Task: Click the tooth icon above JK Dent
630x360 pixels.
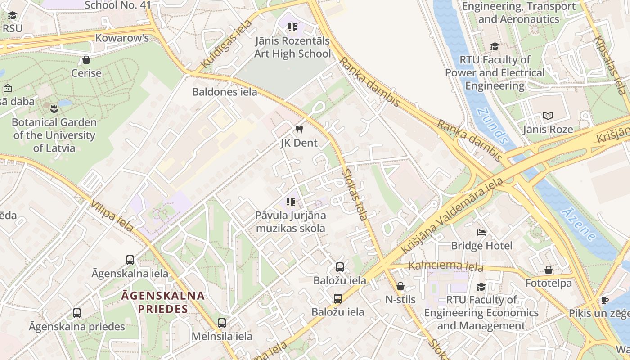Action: (298, 130)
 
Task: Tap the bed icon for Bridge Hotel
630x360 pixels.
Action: (481, 233)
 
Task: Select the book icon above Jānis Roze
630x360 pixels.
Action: (548, 116)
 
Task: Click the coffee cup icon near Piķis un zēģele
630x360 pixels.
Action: (604, 300)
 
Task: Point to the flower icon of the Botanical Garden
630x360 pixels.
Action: (54, 108)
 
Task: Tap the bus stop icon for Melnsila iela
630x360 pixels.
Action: (222, 323)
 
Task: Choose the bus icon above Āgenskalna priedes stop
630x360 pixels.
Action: (77, 313)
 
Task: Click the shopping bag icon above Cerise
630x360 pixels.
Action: (86, 60)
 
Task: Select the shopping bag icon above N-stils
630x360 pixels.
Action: (400, 286)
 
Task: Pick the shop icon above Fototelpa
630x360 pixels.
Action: (548, 270)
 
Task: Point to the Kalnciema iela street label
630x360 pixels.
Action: (445, 266)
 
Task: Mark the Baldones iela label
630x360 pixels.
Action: (225, 92)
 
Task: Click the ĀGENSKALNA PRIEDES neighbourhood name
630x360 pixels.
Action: (163, 302)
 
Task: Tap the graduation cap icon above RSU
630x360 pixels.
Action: (12, 16)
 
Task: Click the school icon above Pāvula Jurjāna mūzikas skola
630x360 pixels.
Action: (291, 202)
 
